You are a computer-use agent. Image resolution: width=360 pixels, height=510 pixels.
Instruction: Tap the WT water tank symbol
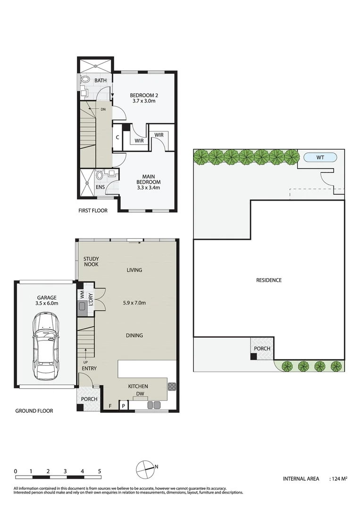320,157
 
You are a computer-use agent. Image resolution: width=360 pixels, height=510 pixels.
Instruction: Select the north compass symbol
145,468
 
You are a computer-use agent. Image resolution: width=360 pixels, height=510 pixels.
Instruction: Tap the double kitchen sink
154,405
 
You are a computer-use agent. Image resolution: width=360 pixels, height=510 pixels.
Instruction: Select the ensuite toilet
100,176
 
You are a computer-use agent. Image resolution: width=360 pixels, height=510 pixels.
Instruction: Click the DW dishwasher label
140,393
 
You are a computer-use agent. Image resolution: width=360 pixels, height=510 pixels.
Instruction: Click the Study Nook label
91,262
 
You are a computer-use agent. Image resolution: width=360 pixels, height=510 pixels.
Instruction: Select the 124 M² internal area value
339,479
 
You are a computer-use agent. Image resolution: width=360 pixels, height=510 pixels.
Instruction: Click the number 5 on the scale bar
100,471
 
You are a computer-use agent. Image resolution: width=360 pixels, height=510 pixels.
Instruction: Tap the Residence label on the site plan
268,280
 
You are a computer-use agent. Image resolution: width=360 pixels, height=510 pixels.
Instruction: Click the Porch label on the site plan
262,348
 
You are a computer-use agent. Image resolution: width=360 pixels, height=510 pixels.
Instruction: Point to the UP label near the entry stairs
86,361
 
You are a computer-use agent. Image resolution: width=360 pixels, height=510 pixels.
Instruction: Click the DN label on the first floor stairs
103,109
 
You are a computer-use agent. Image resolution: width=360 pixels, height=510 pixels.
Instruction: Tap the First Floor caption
93,211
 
